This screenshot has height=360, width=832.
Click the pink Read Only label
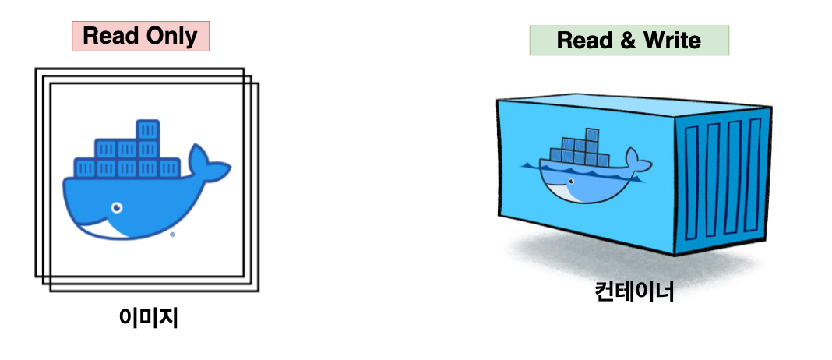(140, 36)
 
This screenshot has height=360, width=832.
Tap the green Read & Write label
(629, 41)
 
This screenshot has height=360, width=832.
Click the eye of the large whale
(117, 208)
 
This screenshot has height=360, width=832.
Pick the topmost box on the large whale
(147, 129)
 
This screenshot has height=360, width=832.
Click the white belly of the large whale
(117, 228)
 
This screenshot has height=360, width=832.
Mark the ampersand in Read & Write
(628, 41)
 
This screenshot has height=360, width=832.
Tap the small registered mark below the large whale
(171, 233)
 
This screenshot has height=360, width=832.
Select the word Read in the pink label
(111, 36)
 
